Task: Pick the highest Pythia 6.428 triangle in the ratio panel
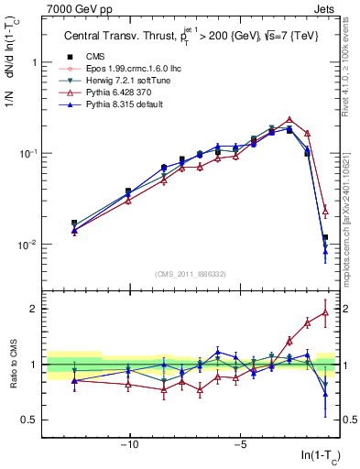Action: [x=325, y=312]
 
